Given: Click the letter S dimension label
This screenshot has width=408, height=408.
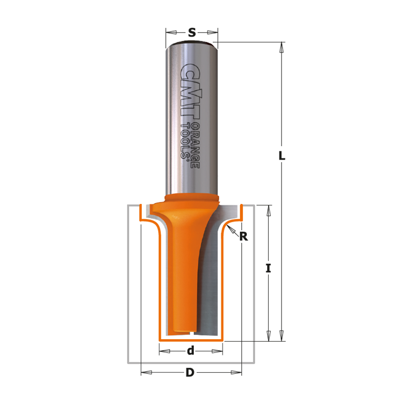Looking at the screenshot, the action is [192, 33].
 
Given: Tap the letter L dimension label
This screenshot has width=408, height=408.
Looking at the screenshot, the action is [282, 156].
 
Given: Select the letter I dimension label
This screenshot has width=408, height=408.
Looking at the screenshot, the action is [268, 268].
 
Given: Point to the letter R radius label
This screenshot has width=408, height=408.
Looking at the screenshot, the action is [244, 237].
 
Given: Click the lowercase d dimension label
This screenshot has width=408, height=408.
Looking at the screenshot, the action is [191, 351].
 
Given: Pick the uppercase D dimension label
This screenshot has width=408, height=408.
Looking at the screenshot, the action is [190, 373].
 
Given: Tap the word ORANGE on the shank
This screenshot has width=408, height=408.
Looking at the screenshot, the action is [196, 145].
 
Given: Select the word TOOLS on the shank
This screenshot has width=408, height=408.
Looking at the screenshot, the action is [185, 141].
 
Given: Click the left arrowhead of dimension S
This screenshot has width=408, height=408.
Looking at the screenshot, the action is [171, 32].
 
